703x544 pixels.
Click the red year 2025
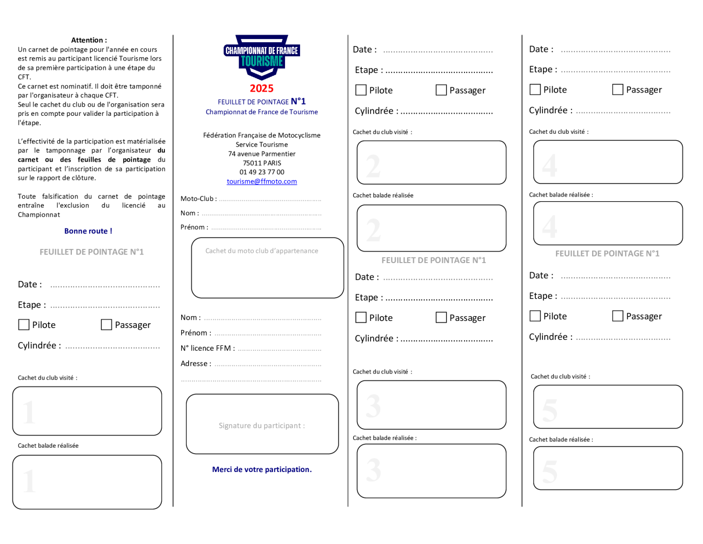coord(261,88)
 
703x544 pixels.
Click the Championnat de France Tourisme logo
coord(261,57)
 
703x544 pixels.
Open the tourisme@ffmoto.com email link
coord(261,181)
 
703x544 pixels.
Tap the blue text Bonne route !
coord(88,231)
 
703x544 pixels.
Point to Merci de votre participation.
coord(262,469)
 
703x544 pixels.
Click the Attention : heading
coord(89,40)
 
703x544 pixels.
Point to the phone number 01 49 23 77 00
coord(262,172)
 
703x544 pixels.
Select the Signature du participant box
coord(262,424)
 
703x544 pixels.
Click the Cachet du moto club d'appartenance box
coord(267,268)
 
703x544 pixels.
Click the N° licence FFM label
coord(208,348)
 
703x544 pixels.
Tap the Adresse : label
coord(196,363)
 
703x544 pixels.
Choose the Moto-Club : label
coord(198,199)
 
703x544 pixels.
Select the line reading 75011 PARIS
coord(262,163)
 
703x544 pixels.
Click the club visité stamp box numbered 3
coord(431,405)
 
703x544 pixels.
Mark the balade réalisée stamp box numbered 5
coord(608,468)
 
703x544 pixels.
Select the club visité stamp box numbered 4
coord(608,162)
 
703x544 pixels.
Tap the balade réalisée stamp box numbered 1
coord(87,482)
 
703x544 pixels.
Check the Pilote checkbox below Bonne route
coord(24,324)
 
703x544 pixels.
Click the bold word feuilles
coord(89,160)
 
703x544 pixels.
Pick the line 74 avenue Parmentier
coord(262,154)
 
